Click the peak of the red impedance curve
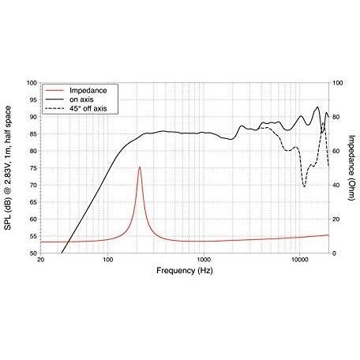coord(140,167)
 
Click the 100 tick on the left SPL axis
coord(32,83)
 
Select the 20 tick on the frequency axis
coord(40,260)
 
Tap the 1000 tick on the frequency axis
coord(204,260)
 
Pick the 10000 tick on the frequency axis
coord(300,260)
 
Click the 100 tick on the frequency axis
coord(107,260)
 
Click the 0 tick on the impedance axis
coord(335,253)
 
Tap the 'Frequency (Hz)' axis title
coord(185,271)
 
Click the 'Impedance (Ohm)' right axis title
coord(351,167)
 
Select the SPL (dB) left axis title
coord(8,167)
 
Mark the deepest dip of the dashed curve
coord(305,186)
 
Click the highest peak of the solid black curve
coord(317,107)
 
